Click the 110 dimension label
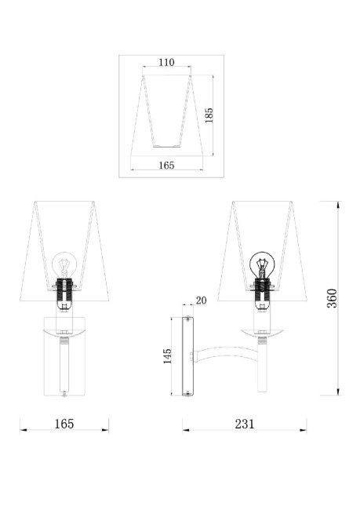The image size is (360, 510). pyautogui.click(x=166, y=62)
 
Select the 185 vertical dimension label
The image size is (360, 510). pyautogui.click(x=209, y=115)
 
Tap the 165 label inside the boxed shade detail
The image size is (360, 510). pyautogui.click(x=166, y=166)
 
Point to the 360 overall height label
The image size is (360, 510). pyautogui.click(x=332, y=298)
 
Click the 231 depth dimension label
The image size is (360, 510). pyautogui.click(x=245, y=424)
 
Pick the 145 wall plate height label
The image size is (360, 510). pyautogui.click(x=167, y=356)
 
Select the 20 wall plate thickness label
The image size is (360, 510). pyautogui.click(x=201, y=301)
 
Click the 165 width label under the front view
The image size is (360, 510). pyautogui.click(x=64, y=424)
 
